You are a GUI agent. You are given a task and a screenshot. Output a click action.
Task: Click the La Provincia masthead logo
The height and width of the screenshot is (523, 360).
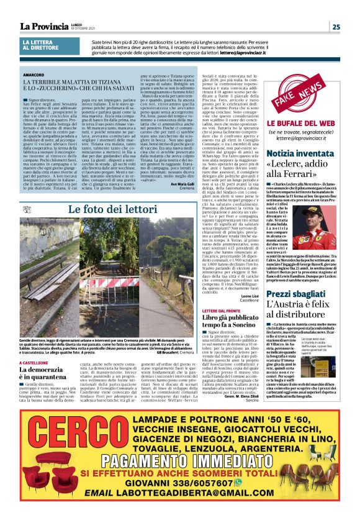[x=43, y=26]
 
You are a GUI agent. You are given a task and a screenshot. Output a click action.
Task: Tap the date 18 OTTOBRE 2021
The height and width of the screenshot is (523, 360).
[x=83, y=29]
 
